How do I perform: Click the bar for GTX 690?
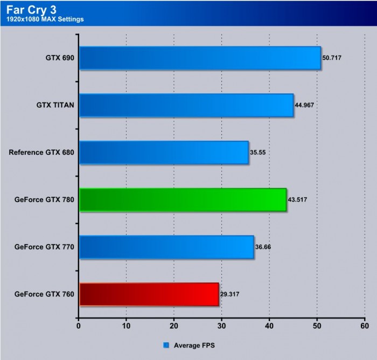(200, 58)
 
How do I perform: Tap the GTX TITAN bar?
(186, 105)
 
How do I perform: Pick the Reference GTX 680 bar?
(164, 153)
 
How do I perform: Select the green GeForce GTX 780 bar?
(183, 200)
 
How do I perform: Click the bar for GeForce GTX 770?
(166, 247)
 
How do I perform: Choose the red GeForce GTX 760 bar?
(149, 294)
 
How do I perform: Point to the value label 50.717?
(332, 58)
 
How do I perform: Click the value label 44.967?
(304, 105)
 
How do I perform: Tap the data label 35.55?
(258, 153)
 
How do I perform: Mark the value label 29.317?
(230, 294)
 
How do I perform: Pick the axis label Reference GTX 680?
(41, 153)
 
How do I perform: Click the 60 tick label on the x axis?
(365, 326)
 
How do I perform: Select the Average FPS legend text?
(192, 344)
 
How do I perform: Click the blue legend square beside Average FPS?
(166, 344)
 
